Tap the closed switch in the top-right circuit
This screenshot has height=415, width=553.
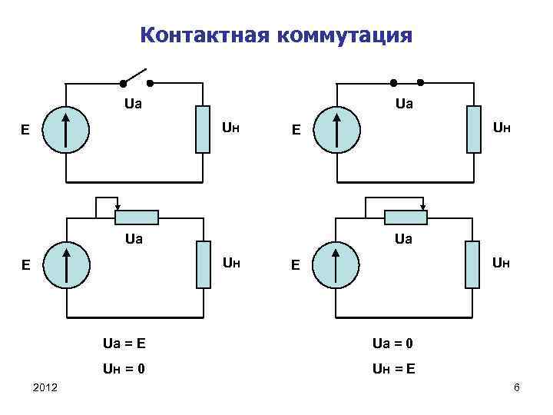click(406, 81)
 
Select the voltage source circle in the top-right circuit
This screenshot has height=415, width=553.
click(338, 129)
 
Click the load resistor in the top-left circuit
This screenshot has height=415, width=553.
click(203, 128)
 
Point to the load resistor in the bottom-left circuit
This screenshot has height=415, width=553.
click(203, 264)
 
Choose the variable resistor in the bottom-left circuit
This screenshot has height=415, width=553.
click(136, 217)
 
